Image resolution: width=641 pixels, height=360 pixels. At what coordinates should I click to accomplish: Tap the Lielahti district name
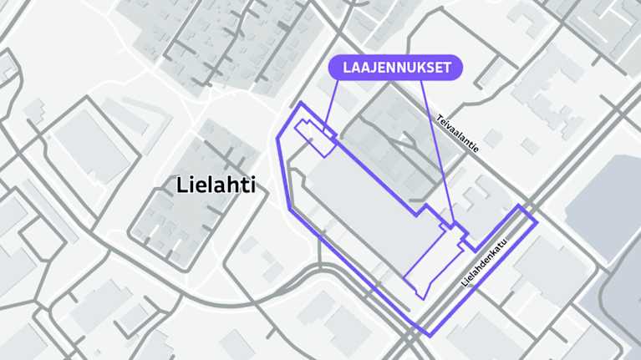216,185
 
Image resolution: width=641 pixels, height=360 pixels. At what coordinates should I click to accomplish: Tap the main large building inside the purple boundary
368,200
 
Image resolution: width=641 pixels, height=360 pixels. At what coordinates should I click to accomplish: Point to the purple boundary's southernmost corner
430,336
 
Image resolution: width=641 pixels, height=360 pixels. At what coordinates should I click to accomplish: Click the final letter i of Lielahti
251,185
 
